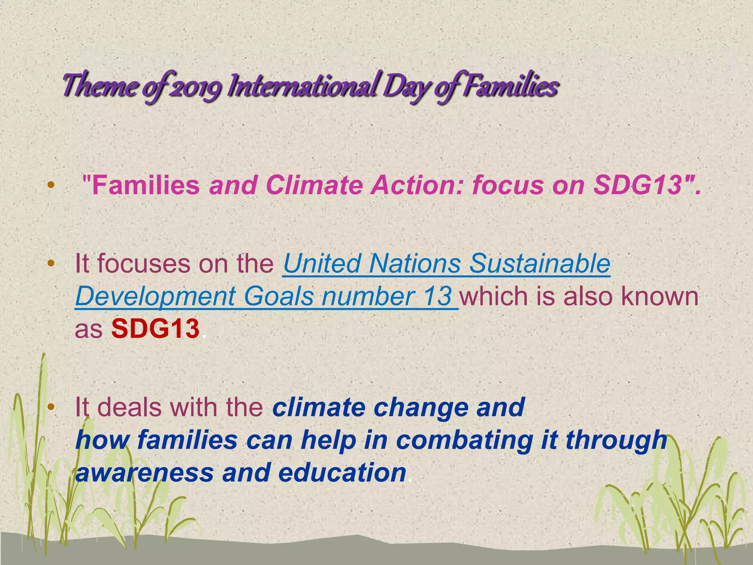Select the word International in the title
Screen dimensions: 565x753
coord(301,85)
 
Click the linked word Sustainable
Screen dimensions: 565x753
coord(540,263)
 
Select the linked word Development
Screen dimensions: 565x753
coord(155,296)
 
